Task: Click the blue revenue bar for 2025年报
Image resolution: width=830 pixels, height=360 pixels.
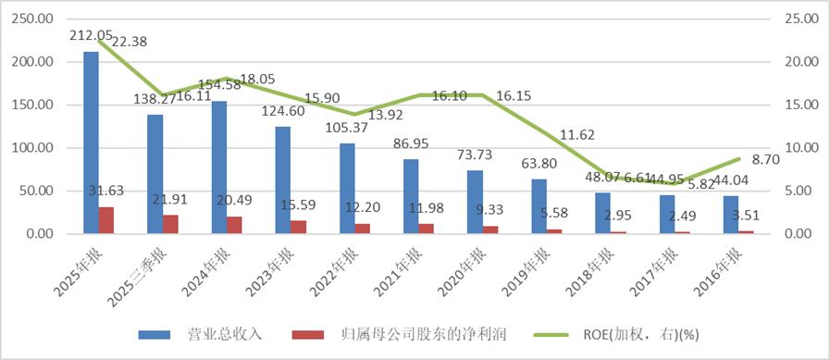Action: pyautogui.click(x=91, y=143)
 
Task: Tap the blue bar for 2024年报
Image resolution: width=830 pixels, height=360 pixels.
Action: pyautogui.click(x=219, y=168)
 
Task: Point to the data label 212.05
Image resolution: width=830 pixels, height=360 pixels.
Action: pyautogui.click(x=91, y=35)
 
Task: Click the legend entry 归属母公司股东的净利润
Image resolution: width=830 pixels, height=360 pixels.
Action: pyautogui.click(x=403, y=334)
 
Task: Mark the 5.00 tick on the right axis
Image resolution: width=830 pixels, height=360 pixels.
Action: pyautogui.click(x=799, y=191)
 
